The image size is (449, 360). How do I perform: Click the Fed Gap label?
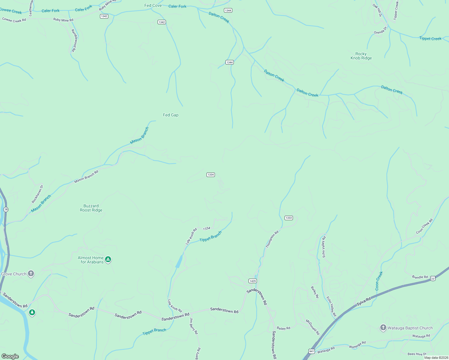[170, 115]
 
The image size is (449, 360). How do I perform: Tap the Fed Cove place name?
[153, 5]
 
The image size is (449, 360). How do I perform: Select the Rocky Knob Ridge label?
[361, 56]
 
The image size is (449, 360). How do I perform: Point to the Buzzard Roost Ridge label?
[91, 208]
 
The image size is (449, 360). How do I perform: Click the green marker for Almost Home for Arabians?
[108, 259]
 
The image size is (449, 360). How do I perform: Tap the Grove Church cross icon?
[31, 274]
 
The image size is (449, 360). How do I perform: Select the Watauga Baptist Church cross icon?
[383, 328]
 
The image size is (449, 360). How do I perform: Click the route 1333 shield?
[289, 218]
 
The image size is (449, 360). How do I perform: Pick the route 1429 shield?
[253, 281]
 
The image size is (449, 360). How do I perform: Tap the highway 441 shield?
[312, 351]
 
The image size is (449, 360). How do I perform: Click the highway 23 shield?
[432, 279]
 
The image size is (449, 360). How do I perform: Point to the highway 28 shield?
[6, 209]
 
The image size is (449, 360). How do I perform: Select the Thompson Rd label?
[272, 239]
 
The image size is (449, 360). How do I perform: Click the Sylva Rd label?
[364, 301]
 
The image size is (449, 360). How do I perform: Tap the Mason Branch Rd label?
[86, 177]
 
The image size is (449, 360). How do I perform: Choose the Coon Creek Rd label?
[424, 226]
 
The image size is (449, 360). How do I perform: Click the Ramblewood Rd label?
[74, 40]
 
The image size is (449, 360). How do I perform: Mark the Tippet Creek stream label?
[430, 38]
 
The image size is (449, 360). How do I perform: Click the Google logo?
[10, 356]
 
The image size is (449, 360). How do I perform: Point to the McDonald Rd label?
[313, 327]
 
